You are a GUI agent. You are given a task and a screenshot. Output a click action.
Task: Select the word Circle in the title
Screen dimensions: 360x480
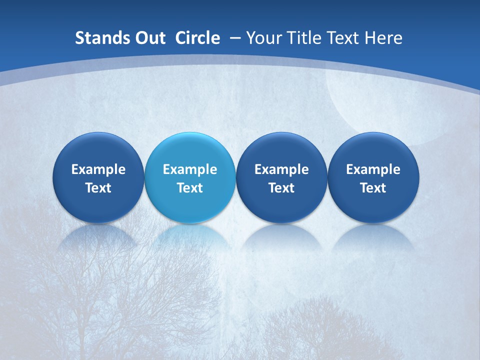pos(197,38)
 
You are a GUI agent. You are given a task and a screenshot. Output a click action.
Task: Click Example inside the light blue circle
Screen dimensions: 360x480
pos(190,169)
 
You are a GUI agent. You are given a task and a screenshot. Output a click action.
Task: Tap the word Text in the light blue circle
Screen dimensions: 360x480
pos(190,188)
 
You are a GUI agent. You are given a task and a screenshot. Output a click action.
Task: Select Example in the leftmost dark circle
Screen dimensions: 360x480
pos(98,169)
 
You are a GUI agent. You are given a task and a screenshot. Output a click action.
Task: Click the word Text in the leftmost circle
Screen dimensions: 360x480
pos(98,188)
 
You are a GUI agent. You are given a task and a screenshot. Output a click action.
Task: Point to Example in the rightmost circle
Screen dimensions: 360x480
pos(373,169)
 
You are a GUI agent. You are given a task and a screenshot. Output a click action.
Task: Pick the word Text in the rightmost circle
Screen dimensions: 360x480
pos(373,188)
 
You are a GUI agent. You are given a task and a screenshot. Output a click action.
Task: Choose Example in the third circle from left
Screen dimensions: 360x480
pos(281,169)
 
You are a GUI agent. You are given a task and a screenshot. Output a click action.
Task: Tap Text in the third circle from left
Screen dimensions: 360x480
pos(281,188)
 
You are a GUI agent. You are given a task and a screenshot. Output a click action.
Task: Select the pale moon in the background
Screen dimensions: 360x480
pos(380,100)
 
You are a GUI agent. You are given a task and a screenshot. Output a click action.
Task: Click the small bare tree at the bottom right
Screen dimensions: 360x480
pos(320,325)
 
